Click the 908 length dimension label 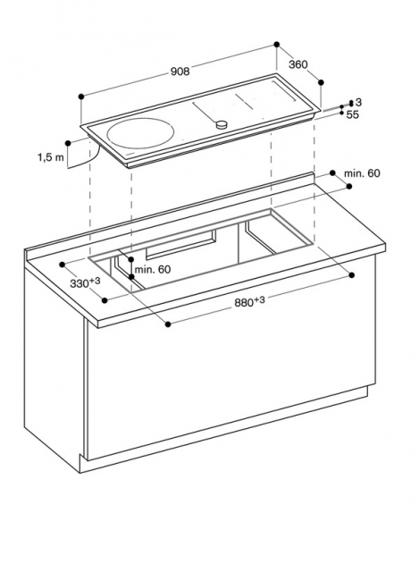[x=180, y=71]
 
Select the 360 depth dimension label [x=297, y=64]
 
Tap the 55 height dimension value [x=353, y=114]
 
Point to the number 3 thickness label [x=358, y=102]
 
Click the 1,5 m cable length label [x=51, y=157]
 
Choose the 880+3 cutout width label [x=249, y=302]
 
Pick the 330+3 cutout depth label [x=85, y=282]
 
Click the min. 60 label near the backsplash [x=362, y=173]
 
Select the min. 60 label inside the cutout [x=153, y=270]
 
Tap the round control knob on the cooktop [x=222, y=124]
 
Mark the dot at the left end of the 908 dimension [x=81, y=97]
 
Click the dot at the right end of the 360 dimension [x=321, y=82]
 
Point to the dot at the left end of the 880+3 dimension [x=168, y=324]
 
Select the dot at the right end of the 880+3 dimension [x=351, y=274]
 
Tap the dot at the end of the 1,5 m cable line [x=68, y=143]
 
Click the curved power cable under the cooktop [x=87, y=161]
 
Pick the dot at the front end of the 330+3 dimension [x=105, y=300]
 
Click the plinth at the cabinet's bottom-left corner [x=82, y=464]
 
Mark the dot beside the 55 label [x=341, y=114]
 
